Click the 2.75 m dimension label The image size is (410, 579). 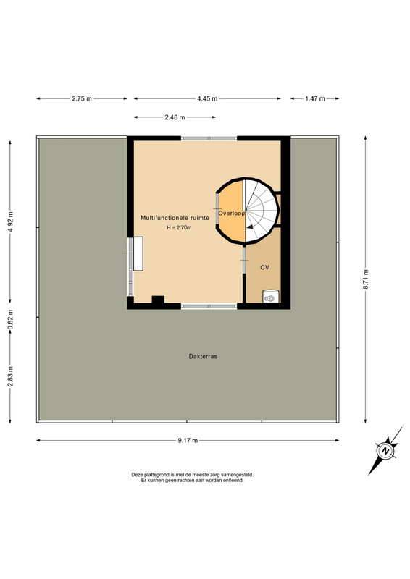click(82, 98)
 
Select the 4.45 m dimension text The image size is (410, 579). click(207, 98)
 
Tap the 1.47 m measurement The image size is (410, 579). click(315, 98)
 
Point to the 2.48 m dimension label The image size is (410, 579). click(175, 117)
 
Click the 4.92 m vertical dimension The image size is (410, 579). click(10, 221)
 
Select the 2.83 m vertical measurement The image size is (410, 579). click(10, 376)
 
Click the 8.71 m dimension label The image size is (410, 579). click(366, 279)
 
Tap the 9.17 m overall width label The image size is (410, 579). click(188, 440)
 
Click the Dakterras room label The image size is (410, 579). click(203, 356)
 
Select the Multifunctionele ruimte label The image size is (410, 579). click(175, 218)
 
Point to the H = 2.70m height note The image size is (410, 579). click(179, 227)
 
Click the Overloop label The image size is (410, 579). click(231, 213)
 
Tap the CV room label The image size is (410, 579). click(264, 267)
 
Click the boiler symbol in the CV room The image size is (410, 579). click(271, 296)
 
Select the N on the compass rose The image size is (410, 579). click(386, 451)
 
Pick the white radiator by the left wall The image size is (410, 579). click(138, 254)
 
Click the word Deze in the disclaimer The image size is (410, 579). click(137, 475)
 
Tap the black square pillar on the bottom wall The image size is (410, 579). click(158, 300)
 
